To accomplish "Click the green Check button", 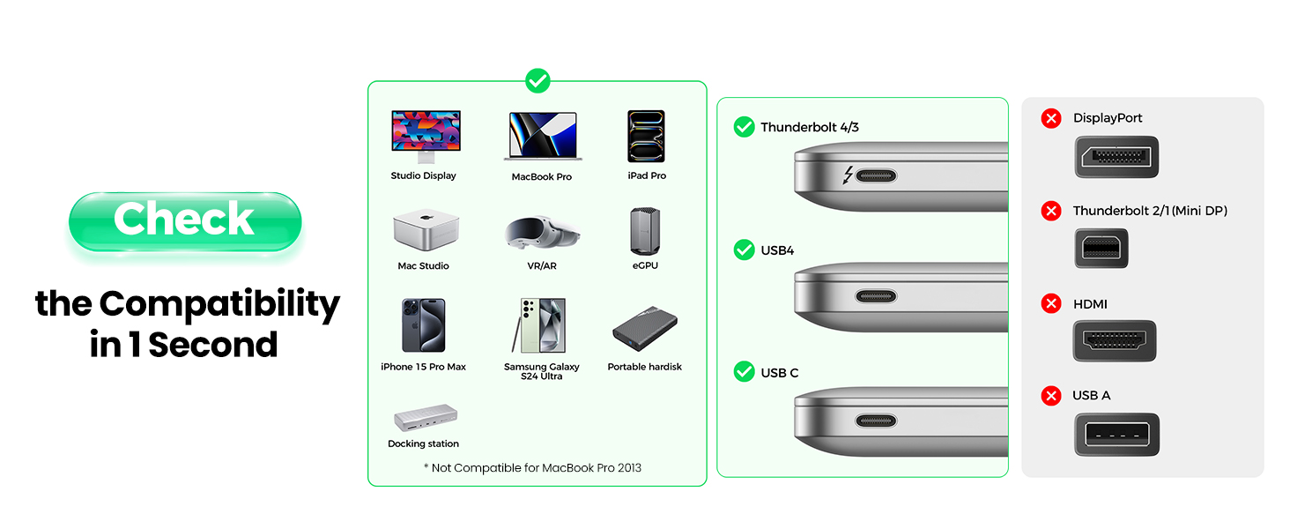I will pyautogui.click(x=185, y=220).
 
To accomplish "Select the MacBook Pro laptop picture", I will pyautogui.click(x=542, y=136).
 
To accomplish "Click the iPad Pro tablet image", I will pyautogui.click(x=646, y=136).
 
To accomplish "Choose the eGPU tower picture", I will pyautogui.click(x=645, y=231).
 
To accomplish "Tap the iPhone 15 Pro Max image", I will pyautogui.click(x=423, y=326).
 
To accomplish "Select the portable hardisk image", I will pyautogui.click(x=645, y=330).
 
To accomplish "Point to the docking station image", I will pyautogui.click(x=425, y=418).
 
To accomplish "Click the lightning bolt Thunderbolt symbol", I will pyautogui.click(x=848, y=175).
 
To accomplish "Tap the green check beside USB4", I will pyautogui.click(x=745, y=250).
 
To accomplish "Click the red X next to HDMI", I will pyautogui.click(x=1050, y=304).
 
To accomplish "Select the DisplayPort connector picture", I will pyautogui.click(x=1116, y=157).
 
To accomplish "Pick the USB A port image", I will pyautogui.click(x=1116, y=435).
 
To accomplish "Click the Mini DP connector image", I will pyautogui.click(x=1101, y=249).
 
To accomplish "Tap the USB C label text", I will pyautogui.click(x=780, y=373).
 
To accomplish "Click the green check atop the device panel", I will pyautogui.click(x=537, y=82).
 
